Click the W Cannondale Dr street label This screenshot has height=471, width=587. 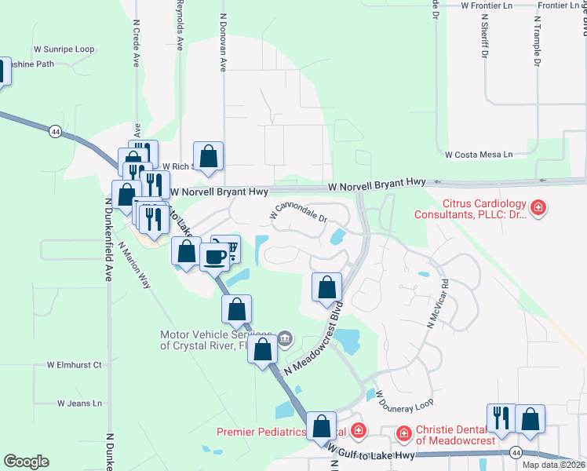pos(297,211)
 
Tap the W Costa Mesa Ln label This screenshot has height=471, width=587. pos(479,155)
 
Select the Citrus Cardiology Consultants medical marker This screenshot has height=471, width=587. pos(539,208)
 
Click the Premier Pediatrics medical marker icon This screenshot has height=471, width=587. pos(359,430)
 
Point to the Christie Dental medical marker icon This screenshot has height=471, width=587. pos(403,433)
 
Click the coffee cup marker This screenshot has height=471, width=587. pos(214,256)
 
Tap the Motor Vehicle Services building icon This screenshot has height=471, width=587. pos(283,339)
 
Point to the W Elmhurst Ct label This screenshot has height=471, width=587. pos(75,365)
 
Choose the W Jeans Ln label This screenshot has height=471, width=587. pos(79,403)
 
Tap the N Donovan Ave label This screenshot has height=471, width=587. pos(224,43)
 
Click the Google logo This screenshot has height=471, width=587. pos(27,461)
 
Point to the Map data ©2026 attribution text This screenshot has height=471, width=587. pos(553,465)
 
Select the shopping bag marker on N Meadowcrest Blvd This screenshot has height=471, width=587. pos(326,288)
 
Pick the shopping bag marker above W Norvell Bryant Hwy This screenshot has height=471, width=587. pos(209,156)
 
